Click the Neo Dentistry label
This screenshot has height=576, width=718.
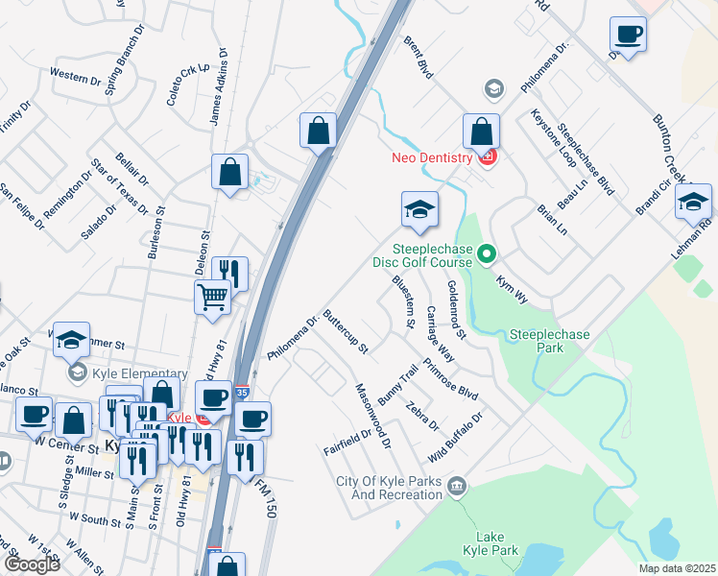click(x=431, y=157)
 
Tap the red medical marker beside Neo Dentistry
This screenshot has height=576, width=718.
click(x=487, y=157)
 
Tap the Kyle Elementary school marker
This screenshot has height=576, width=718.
click(x=75, y=372)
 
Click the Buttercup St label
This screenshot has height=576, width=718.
click(x=346, y=331)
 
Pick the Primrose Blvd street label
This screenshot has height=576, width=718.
click(x=450, y=379)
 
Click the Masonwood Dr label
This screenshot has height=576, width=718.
click(x=373, y=415)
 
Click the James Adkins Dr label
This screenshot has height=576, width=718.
click(x=220, y=86)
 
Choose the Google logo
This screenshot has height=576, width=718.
click(x=31, y=564)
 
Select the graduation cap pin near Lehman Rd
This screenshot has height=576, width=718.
click(x=693, y=203)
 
